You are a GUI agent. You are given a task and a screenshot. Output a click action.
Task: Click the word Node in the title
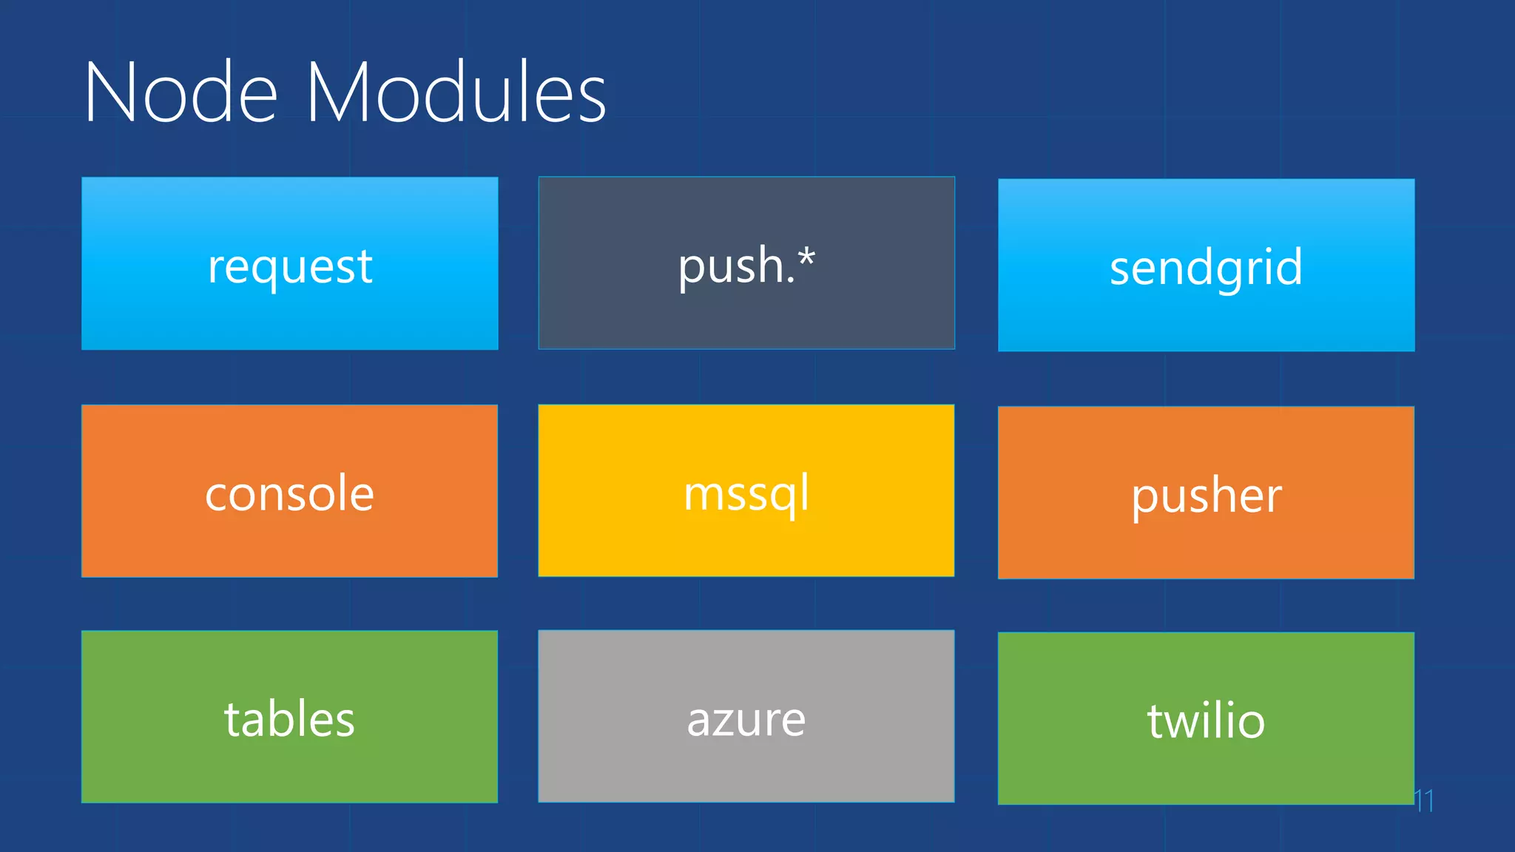[180, 93]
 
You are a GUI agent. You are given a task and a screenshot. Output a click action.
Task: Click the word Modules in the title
[456, 93]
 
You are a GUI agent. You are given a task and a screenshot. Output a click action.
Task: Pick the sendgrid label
[1206, 268]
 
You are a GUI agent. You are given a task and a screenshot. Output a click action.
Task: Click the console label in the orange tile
[289, 494]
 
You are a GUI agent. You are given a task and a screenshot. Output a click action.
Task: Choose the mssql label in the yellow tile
[746, 494]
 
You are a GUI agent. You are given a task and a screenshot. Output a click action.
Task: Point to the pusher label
[1206, 496]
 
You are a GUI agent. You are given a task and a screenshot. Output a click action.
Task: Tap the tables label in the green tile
[289, 720]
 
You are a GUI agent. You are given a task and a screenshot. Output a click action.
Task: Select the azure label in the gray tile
[746, 720]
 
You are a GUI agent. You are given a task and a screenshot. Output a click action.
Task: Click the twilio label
[1206, 722]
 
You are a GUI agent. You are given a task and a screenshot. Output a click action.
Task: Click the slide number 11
[1424, 800]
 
